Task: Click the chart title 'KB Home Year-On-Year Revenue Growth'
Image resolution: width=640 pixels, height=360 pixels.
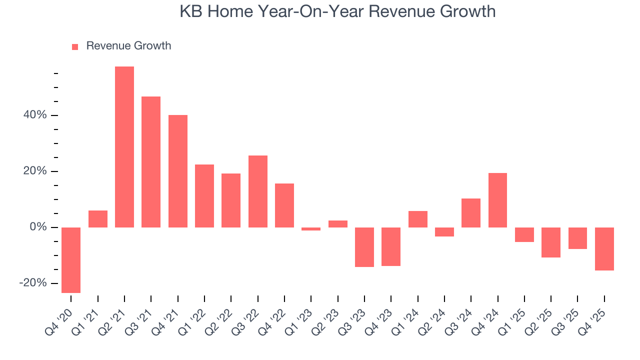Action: pos(337,11)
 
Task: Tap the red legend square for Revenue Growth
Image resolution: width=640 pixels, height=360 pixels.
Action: pos(75,47)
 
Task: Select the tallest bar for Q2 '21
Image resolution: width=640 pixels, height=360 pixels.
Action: pos(124,147)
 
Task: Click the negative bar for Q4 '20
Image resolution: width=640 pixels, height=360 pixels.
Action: pos(71,260)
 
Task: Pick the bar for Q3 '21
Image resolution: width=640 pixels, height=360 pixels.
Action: pos(151,162)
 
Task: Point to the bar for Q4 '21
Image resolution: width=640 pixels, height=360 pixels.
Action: pos(178,171)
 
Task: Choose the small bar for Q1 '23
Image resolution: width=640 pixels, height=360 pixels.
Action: pos(311,229)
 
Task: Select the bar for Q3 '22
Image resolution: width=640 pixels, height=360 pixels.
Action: pos(258,191)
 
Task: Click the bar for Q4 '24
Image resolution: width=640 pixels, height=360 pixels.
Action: pos(497,200)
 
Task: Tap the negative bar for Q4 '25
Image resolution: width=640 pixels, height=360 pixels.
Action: pos(604,249)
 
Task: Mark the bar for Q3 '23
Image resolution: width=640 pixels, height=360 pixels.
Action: pos(364,247)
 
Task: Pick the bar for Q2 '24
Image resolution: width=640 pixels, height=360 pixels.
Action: pos(444,232)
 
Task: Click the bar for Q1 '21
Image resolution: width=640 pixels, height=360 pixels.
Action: pos(98,219)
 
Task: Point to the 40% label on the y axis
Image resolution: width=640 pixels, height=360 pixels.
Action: pos(34,115)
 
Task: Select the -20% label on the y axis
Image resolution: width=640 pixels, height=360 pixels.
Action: pos(33,283)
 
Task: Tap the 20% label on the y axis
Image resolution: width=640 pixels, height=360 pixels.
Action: pos(34,171)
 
